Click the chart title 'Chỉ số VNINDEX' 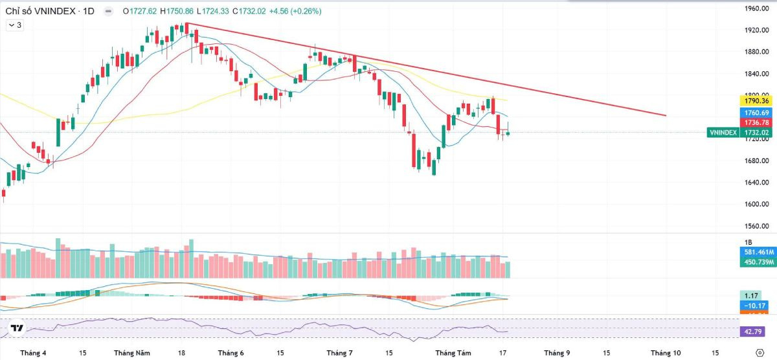[x=40, y=11]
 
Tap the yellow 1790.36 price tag [x=756, y=101]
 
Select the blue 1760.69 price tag [x=756, y=113]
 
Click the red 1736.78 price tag [x=756, y=122]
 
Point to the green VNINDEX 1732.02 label [x=739, y=133]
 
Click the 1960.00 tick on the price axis [x=756, y=8]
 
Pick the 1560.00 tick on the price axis [x=756, y=226]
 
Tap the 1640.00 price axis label [x=756, y=183]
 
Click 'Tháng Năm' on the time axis [x=132, y=353]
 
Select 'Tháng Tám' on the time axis [x=453, y=353]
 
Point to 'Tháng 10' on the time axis [x=666, y=353]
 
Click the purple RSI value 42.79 [x=752, y=332]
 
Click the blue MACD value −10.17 [x=752, y=306]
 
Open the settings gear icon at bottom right [x=760, y=353]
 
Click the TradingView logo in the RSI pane [x=17, y=328]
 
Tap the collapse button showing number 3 [x=15, y=25]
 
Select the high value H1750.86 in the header [x=177, y=11]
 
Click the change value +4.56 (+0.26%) [x=295, y=11]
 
